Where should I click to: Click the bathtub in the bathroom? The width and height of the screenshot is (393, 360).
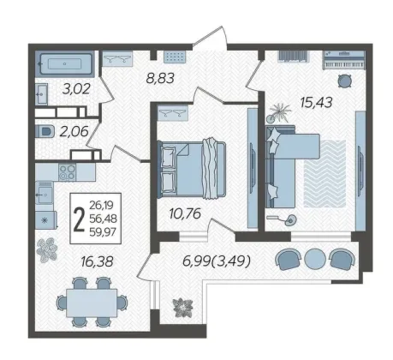tap(65, 64)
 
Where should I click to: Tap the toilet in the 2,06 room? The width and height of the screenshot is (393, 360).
tap(45, 132)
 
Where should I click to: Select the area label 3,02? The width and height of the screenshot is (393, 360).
tap(76, 89)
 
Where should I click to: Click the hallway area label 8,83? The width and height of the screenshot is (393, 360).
tap(160, 78)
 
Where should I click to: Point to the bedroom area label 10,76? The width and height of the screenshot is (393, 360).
tap(185, 213)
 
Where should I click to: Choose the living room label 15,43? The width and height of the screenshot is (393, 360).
tap(316, 102)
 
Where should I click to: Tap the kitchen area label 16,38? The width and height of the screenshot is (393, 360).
tap(97, 261)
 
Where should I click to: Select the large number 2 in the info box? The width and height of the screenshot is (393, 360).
tap(79, 219)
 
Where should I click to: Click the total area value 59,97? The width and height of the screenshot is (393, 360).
tap(103, 232)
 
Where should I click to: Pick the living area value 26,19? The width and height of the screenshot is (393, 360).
tap(102, 205)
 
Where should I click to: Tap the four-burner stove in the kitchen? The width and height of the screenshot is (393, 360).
tap(68, 172)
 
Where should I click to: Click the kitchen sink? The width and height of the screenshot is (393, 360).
tap(44, 194)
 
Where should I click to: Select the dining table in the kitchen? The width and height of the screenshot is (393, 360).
tap(92, 303)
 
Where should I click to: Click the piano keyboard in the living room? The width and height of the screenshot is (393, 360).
tap(344, 60)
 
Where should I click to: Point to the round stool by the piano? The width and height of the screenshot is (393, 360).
tap(345, 81)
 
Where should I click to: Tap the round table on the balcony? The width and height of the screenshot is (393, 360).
tap(315, 259)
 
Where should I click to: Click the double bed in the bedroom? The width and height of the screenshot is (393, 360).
tap(192, 169)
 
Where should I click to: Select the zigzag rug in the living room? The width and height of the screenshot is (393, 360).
tap(325, 174)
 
